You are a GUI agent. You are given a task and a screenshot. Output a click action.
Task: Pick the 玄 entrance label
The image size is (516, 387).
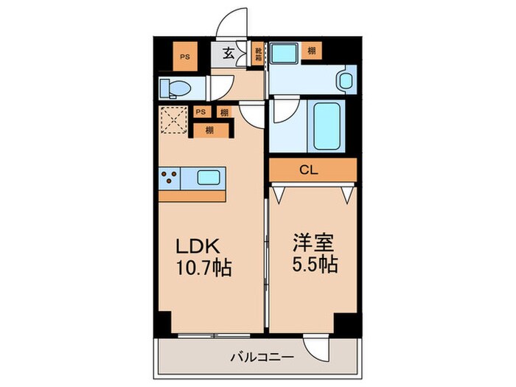(229, 53)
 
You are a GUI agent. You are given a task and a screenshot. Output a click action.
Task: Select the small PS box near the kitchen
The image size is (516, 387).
(201, 112)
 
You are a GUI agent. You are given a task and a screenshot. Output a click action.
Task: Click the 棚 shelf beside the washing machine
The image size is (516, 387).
(313, 51)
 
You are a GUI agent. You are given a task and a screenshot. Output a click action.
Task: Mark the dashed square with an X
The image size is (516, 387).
(174, 122)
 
